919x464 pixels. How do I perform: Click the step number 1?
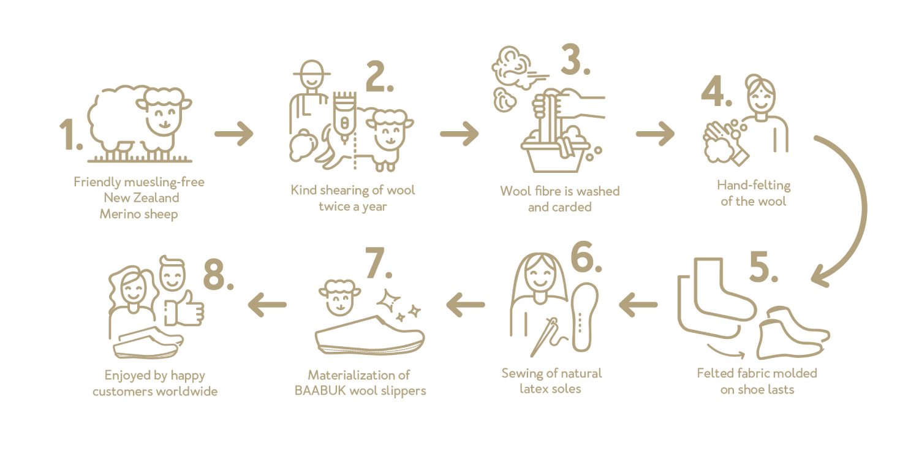coord(70,134)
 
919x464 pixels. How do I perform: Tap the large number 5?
coord(763,266)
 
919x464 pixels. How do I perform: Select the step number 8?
coord(218,275)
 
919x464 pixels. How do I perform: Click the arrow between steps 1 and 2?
coord(234,134)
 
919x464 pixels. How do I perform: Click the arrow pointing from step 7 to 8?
coord(267,305)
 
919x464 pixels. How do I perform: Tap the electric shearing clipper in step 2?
coord(344,116)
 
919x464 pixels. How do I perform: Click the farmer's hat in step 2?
coord(312,69)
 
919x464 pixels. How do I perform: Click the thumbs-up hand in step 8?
coord(184,308)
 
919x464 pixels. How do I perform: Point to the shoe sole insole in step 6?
coord(584,317)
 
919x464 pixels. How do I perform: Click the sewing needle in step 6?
coord(542,338)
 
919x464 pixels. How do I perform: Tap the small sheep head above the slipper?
coord(339,297)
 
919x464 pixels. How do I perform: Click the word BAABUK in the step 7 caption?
coord(321,390)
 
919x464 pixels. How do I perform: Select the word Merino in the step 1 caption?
coord(120,214)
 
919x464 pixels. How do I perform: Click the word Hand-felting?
coord(754,186)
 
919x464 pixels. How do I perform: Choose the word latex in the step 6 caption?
coord(534,389)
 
